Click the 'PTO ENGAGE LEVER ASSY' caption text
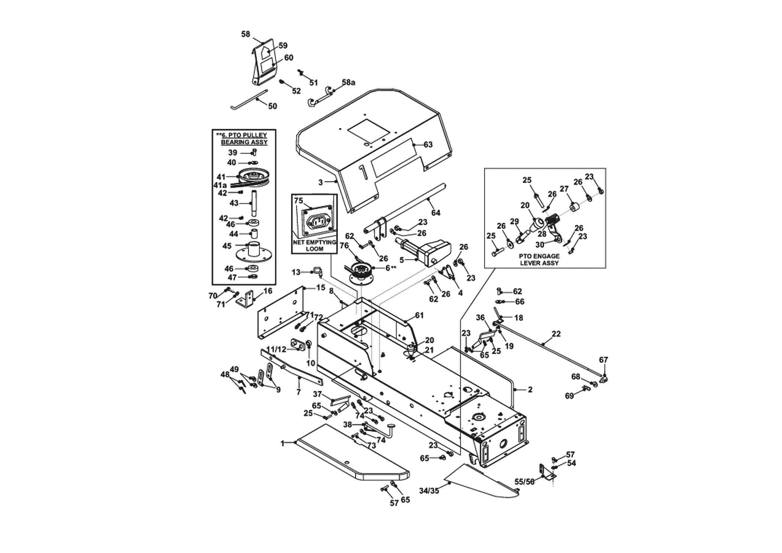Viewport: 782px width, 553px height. point(539,259)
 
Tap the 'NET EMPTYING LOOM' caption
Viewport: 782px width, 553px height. point(314,245)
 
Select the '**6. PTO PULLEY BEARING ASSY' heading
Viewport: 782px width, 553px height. point(244,138)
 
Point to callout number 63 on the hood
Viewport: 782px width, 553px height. point(428,144)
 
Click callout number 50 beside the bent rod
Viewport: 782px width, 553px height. point(272,106)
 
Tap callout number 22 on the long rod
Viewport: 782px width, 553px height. point(556,334)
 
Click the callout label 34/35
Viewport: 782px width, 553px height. point(429,491)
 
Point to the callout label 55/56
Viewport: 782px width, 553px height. point(524,482)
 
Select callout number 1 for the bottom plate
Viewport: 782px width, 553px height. point(282,443)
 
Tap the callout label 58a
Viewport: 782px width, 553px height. point(348,82)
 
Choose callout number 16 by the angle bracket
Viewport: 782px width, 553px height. point(268,291)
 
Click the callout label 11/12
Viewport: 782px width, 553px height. point(276,349)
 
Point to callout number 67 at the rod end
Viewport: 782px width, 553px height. point(603,360)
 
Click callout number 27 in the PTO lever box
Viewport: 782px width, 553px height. point(564,189)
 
